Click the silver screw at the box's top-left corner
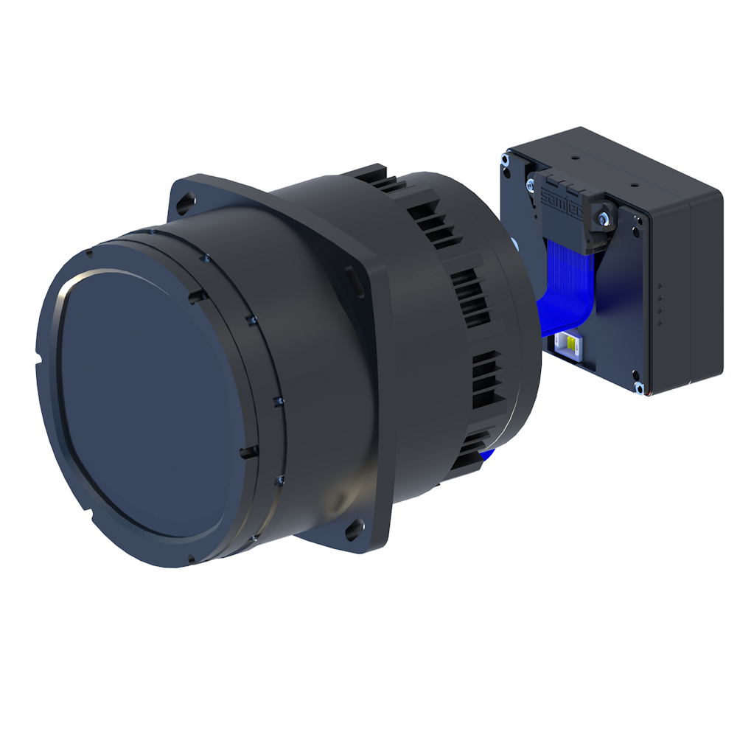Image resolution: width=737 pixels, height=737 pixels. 506,157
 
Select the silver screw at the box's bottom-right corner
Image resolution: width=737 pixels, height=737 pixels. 638,386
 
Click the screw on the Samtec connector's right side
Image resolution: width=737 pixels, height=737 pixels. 604,216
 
